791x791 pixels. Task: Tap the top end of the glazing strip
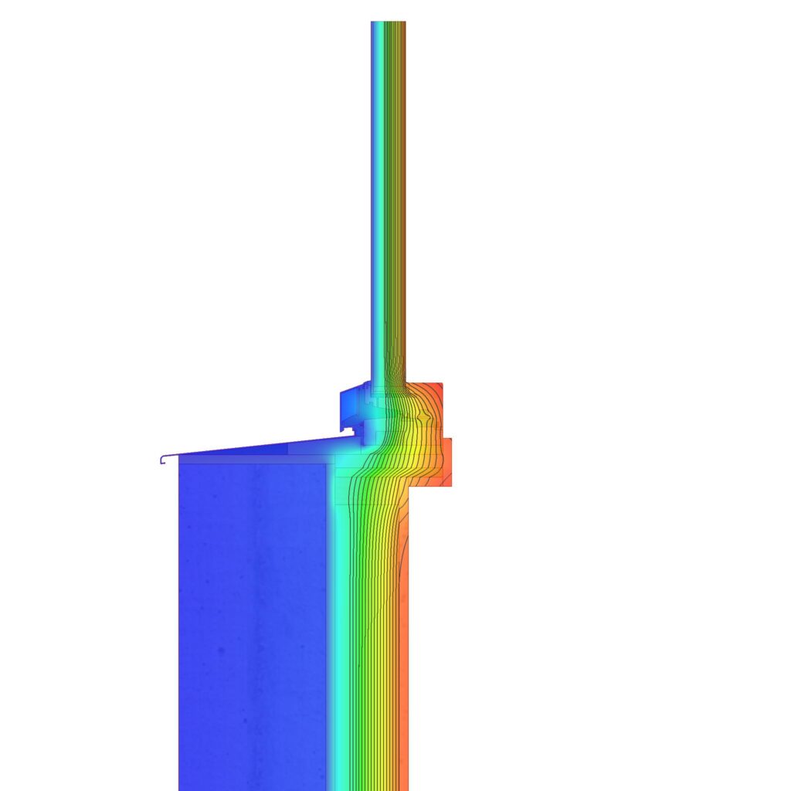tap(388, 23)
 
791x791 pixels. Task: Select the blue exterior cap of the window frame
tap(350, 406)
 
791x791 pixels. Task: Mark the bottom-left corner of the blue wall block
tap(180, 788)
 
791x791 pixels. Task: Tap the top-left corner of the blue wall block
tap(180, 464)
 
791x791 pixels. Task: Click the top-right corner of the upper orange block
tap(441, 384)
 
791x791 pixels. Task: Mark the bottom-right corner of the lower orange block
tap(450, 486)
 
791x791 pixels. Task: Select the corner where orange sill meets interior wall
tap(409, 487)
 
